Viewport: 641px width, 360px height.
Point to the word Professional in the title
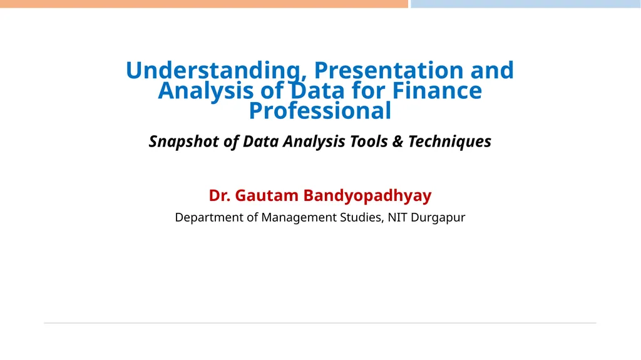tap(320, 111)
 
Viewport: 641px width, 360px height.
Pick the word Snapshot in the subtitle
tap(185, 141)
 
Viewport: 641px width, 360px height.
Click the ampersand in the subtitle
tap(397, 141)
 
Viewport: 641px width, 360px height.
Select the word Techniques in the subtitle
tap(449, 141)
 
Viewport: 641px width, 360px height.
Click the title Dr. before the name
tap(220, 196)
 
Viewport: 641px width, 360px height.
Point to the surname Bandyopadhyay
tap(367, 196)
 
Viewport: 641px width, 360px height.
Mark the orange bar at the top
tap(203, 4)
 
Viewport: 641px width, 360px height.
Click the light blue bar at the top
tap(525, 4)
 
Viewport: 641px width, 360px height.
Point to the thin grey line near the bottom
tap(320, 323)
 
